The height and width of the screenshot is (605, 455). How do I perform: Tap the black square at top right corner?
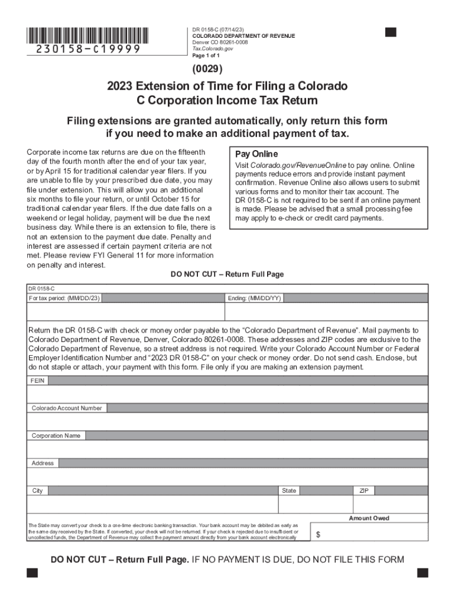pyautogui.click(x=391, y=32)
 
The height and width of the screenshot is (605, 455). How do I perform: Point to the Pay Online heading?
pyautogui.click(x=256, y=154)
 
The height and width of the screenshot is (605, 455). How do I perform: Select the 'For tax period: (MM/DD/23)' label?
pyautogui.click(x=65, y=298)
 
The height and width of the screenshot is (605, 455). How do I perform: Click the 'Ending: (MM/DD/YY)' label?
pyautogui.click(x=254, y=298)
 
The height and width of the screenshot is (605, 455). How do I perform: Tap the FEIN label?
pyautogui.click(x=38, y=380)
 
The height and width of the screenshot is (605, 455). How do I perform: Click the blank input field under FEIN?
pyautogui.click(x=227, y=393)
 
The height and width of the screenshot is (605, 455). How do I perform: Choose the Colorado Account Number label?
pyautogui.click(x=67, y=408)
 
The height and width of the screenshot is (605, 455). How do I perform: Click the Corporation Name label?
pyautogui.click(x=56, y=435)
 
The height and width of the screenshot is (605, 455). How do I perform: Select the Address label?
pyautogui.click(x=43, y=463)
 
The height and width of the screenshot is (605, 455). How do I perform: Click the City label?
pyautogui.click(x=38, y=491)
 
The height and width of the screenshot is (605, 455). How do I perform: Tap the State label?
pyautogui.click(x=290, y=491)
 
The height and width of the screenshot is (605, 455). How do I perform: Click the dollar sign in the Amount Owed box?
pyautogui.click(x=318, y=534)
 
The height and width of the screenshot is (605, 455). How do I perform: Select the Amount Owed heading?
pyautogui.click(x=369, y=518)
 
